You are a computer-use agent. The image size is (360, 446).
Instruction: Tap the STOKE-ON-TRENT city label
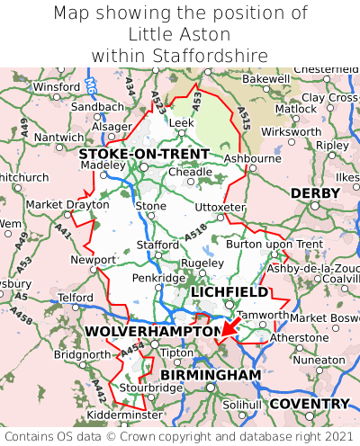coord(144,154)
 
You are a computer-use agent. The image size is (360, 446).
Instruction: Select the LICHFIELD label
coord(229,292)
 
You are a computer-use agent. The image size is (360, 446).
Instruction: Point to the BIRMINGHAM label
coord(211,374)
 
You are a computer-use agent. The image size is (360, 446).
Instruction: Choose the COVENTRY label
coord(310,404)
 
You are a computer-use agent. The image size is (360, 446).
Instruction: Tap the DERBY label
coord(315,193)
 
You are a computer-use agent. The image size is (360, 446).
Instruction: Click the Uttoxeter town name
coord(220,207)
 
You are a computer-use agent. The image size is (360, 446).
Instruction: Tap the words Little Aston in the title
coord(180,34)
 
